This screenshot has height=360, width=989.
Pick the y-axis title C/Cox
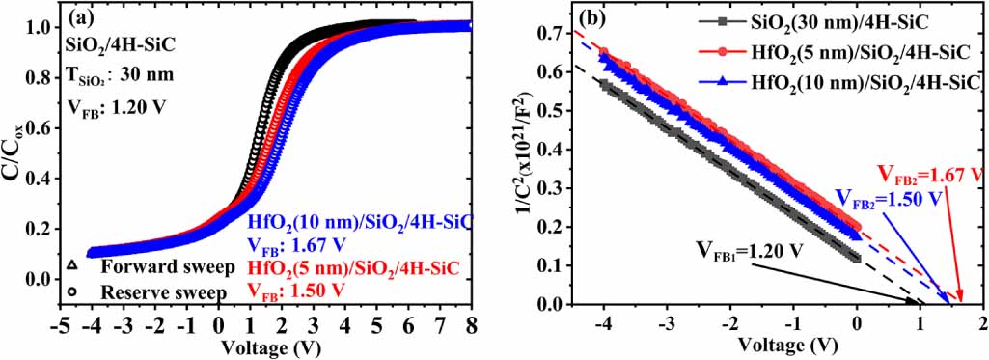(x=13, y=154)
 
